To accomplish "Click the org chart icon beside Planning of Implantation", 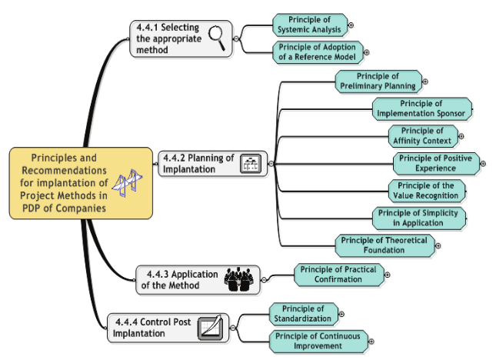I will [x=251, y=163].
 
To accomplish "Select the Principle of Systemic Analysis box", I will [x=310, y=25].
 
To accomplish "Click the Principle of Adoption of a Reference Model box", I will [x=317, y=52].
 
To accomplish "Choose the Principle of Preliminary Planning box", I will [x=378, y=81].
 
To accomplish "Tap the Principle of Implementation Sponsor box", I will [x=421, y=108].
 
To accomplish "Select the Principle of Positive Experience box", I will [x=436, y=163].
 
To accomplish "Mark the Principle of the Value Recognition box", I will [x=426, y=190].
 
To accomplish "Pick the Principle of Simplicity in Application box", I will [x=418, y=218].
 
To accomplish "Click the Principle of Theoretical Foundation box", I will [x=384, y=245].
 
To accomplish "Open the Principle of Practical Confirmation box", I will [x=338, y=274].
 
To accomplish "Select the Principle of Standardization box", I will [x=303, y=314].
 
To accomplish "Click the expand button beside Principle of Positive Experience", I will [x=484, y=163].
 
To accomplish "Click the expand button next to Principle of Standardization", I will [x=341, y=314].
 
